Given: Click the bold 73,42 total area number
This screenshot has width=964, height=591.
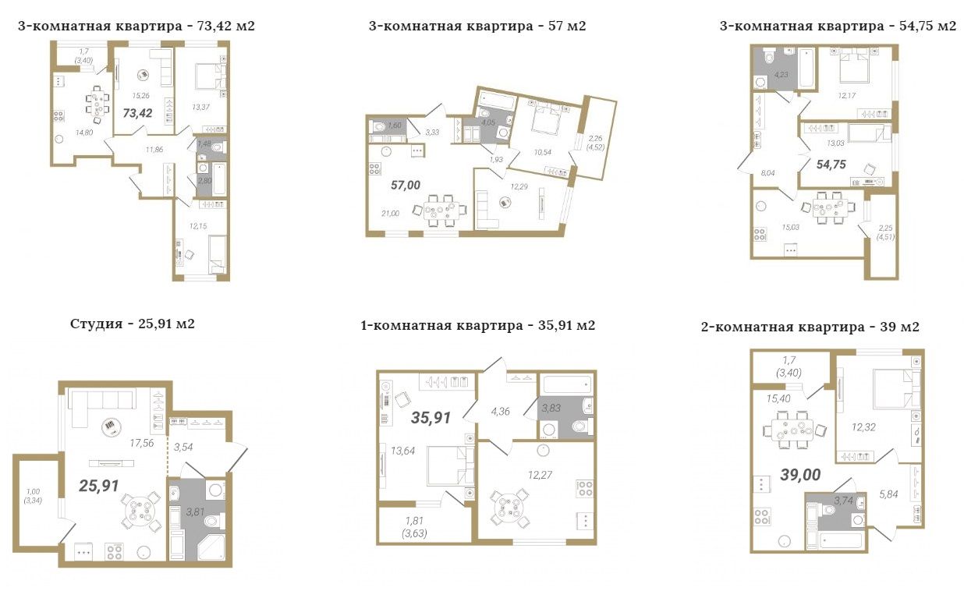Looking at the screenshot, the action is pos(137,113).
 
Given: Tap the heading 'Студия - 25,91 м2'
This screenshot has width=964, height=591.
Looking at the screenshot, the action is pos(132,324).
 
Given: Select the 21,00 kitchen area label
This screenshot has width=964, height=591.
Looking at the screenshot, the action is pos(390,214).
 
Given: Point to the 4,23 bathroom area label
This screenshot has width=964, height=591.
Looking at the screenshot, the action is pos(781,74).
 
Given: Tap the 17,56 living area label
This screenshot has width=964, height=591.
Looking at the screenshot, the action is pos(142,443).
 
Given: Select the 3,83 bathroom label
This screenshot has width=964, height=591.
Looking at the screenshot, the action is pos(551,408).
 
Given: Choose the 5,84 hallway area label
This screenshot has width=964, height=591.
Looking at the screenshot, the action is pos(888,494).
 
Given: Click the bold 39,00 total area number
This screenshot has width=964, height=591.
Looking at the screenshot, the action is pos(800,475).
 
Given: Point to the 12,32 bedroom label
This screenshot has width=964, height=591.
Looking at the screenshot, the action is pos(863,427).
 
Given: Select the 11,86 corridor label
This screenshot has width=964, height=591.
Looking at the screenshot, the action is pos(154,150).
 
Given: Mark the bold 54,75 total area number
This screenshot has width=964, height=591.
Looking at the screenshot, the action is pos(831,165).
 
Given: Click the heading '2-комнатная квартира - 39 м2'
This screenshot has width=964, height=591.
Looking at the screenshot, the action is pos(810,327).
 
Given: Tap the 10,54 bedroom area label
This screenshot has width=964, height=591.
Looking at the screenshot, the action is pos(542,152).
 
